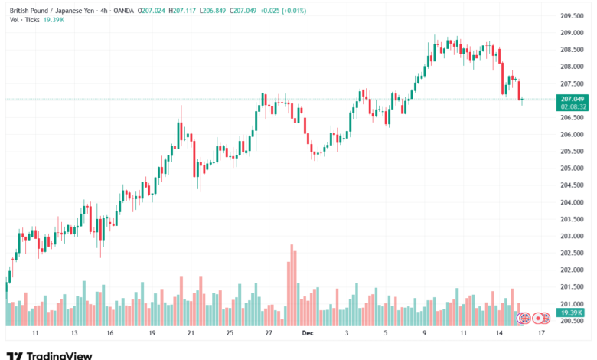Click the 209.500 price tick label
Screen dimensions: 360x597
(573, 16)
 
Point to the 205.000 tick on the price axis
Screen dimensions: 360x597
(573, 169)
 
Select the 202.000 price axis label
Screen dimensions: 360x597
(573, 270)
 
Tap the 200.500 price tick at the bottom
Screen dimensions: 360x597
(573, 321)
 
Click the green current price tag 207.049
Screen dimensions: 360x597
(573, 99)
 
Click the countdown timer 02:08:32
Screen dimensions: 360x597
(573, 106)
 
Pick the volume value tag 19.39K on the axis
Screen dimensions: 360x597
(573, 313)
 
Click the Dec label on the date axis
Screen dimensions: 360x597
(307, 334)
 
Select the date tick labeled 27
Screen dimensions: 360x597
(269, 334)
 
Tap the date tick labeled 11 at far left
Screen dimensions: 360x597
(35, 334)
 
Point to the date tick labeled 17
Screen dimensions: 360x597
(541, 334)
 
